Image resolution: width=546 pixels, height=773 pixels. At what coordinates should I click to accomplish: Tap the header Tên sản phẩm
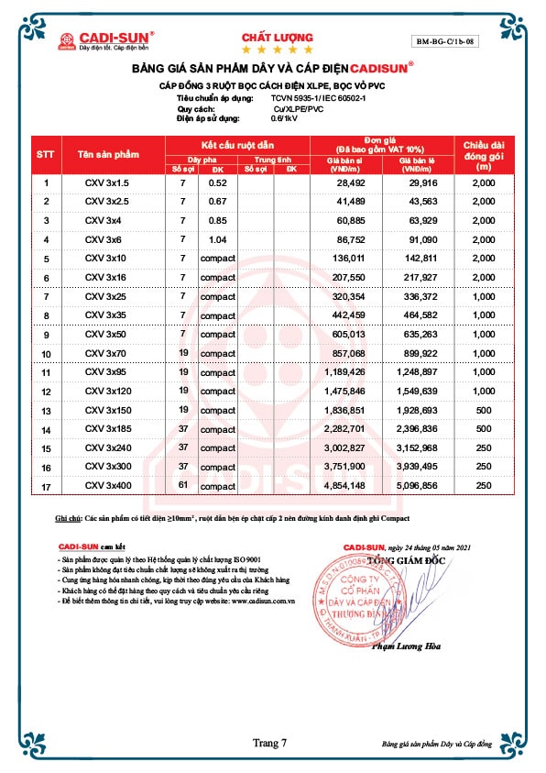[x=104, y=155]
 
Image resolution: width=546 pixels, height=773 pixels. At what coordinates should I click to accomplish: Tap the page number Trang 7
[x=270, y=742]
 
